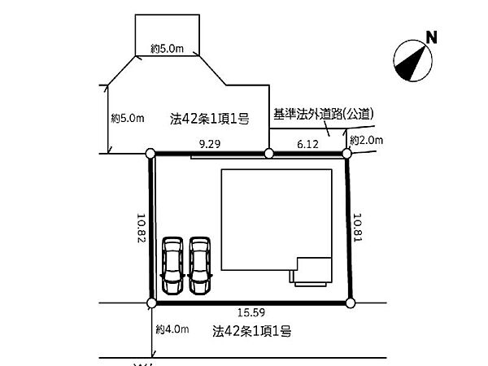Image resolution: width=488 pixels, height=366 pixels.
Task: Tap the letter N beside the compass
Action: pyautogui.click(x=432, y=36)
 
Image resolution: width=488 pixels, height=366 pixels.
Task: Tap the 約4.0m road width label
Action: pyautogui.click(x=172, y=329)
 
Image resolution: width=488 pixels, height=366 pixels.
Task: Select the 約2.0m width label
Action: pyautogui.click(x=365, y=141)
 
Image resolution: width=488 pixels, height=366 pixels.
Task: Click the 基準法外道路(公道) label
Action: pyautogui.click(x=321, y=114)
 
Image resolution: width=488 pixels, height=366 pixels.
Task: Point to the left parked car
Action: pyautogui.click(x=173, y=264)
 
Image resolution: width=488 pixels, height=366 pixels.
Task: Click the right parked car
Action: pyautogui.click(x=200, y=264)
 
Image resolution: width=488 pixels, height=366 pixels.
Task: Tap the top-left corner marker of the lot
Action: pyautogui.click(x=150, y=153)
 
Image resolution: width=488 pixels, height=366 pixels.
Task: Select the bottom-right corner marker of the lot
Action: pyautogui.click(x=351, y=303)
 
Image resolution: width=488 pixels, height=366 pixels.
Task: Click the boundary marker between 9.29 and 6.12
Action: pyautogui.click(x=269, y=153)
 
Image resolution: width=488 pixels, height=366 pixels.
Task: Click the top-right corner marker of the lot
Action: pyautogui.click(x=346, y=153)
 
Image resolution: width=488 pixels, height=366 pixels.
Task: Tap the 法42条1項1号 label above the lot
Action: pyautogui.click(x=209, y=119)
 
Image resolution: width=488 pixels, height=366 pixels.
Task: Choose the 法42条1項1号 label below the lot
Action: pyautogui.click(x=252, y=331)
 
